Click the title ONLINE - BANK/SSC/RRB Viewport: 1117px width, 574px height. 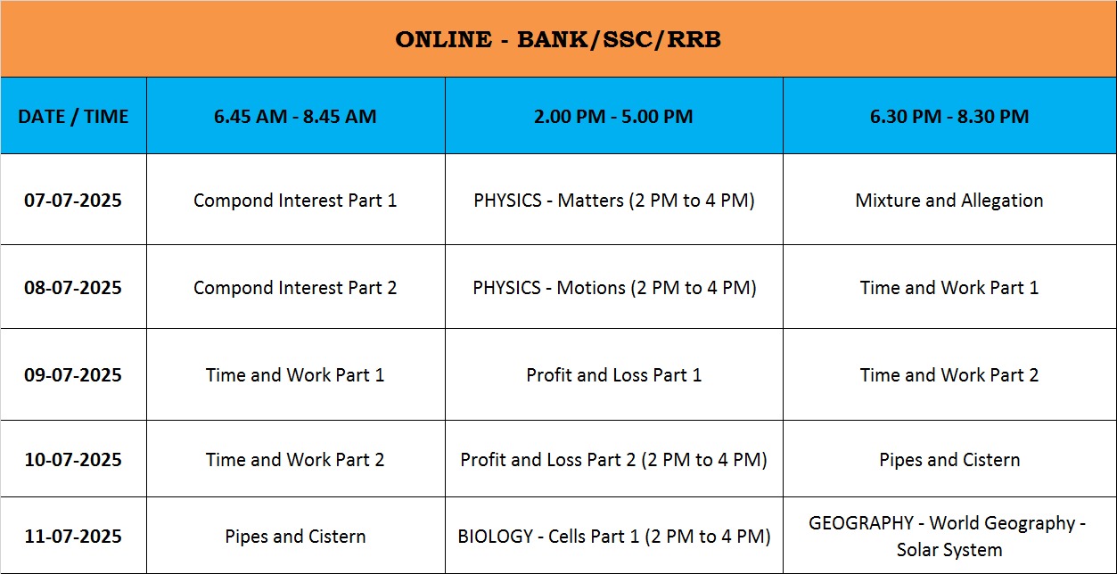558,39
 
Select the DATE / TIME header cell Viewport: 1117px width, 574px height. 73,116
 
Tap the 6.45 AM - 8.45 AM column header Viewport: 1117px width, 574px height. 295,116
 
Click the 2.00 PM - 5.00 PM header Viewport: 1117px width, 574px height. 613,116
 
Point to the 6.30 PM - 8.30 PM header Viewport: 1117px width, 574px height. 949,116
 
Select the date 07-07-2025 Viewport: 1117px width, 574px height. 73,200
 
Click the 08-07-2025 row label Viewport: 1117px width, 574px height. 73,287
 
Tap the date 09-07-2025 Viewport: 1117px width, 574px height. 73,374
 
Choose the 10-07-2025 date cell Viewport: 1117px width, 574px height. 73,459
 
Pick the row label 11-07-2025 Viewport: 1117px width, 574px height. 73,536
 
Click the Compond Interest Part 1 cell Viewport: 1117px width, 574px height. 295,201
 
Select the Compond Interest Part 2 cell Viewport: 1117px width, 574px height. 295,288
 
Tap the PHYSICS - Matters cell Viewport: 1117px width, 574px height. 614,201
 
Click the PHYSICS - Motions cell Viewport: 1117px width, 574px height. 614,288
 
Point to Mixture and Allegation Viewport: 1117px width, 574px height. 949,201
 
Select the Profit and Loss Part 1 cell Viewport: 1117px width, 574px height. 614,374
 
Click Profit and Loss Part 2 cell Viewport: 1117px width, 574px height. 613,460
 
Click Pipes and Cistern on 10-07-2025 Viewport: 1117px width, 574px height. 949,460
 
